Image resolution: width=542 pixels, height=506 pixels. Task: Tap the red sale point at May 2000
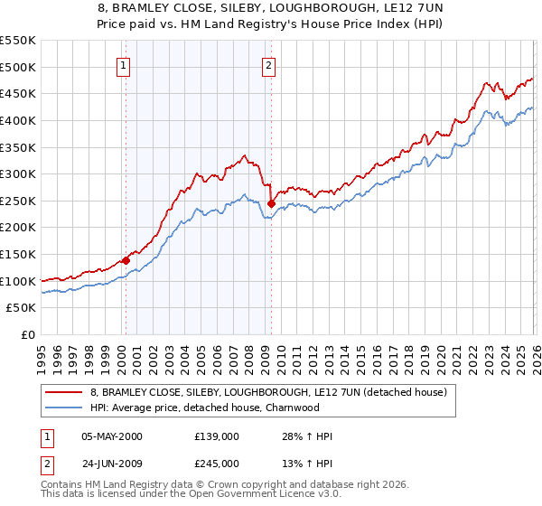click(x=126, y=260)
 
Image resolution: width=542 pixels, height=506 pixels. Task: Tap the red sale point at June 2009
click(x=271, y=203)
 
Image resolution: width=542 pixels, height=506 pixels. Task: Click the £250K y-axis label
click(x=19, y=201)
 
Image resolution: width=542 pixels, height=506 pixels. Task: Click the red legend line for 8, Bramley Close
click(x=64, y=392)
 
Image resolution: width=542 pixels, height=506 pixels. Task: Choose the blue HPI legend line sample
click(x=64, y=408)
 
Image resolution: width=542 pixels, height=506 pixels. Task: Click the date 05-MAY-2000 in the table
click(x=111, y=436)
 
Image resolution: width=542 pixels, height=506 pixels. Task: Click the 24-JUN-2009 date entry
click(x=111, y=467)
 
